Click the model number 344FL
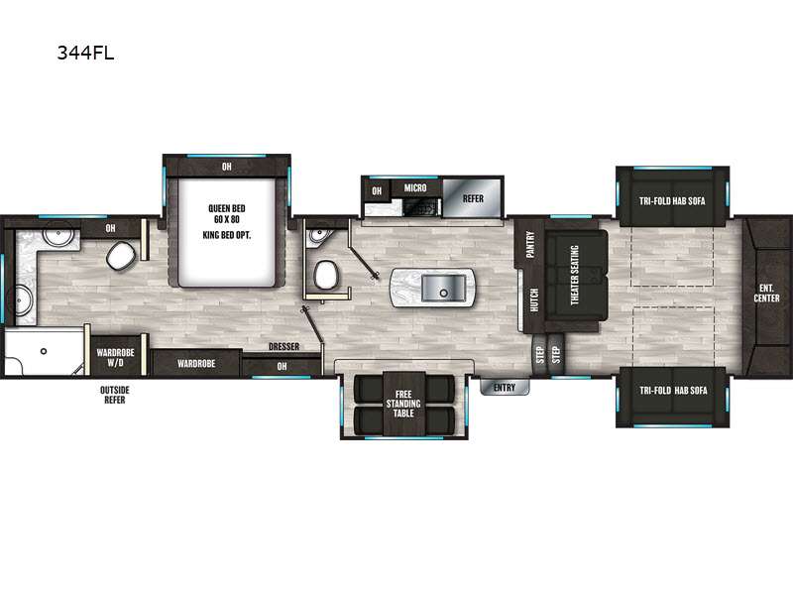point(85,53)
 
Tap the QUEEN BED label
point(227,208)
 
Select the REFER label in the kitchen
point(473,198)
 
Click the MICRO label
point(415,187)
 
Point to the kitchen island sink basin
point(443,288)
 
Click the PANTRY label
point(530,244)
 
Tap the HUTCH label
point(534,300)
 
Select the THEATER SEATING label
point(575,275)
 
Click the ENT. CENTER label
point(766,293)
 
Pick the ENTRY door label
point(505,388)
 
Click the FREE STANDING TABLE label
point(403,404)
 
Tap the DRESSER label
point(283,346)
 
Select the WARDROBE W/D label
point(115,357)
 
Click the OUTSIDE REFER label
point(115,395)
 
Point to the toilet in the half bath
point(326,275)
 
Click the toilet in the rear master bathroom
point(121,255)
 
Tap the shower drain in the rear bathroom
point(44,351)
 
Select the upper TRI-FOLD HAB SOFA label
point(672,201)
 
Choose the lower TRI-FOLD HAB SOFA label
point(673,390)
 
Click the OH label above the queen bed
point(227,167)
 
